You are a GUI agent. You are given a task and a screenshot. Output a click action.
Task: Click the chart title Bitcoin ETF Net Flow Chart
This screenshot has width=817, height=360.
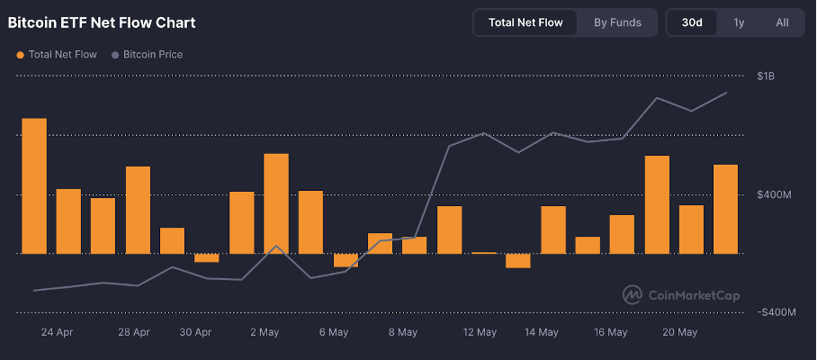click(102, 22)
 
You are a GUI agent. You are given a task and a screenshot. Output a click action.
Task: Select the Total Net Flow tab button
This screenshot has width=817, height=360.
click(525, 22)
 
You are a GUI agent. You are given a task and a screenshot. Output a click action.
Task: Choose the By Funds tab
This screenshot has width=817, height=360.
click(617, 22)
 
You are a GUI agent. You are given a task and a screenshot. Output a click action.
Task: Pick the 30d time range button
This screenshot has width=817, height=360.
click(692, 22)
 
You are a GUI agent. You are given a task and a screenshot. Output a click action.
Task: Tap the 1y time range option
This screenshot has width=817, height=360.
click(739, 22)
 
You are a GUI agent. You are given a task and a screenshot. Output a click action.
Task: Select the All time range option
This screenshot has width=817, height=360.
click(782, 22)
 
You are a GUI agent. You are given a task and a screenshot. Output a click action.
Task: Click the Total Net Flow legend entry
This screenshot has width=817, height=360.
click(57, 55)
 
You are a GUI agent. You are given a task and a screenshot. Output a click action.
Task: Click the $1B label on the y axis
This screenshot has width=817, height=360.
click(766, 76)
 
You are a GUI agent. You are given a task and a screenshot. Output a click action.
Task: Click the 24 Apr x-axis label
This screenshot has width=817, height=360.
click(57, 332)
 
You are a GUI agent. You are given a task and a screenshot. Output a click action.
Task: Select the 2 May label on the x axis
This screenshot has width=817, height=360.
click(265, 332)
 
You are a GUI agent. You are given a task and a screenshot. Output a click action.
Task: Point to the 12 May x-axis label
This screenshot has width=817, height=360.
click(480, 332)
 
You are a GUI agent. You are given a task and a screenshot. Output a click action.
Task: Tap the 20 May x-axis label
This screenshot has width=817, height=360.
click(680, 332)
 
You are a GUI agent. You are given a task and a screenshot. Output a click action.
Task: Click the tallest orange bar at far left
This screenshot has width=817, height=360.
click(34, 185)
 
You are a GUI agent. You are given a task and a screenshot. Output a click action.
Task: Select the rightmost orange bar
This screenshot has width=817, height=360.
click(725, 209)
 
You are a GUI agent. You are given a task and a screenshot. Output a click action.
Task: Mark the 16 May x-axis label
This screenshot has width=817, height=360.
click(611, 332)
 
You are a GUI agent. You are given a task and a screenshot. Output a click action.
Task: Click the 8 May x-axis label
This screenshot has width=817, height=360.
click(403, 332)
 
